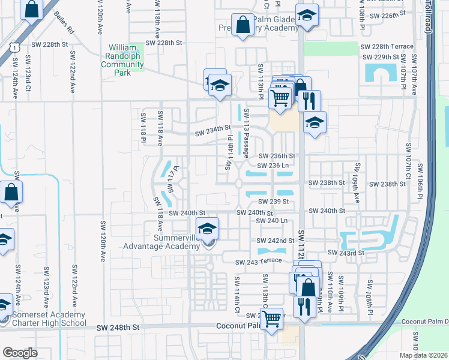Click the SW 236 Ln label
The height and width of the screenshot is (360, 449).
(273, 166)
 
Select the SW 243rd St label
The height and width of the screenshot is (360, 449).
(345, 253)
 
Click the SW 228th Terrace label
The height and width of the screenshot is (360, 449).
(387, 47)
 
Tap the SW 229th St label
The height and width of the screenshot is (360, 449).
(382, 57)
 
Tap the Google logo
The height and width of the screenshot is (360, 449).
(20, 353)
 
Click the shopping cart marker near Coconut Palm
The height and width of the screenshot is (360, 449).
(272, 319)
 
